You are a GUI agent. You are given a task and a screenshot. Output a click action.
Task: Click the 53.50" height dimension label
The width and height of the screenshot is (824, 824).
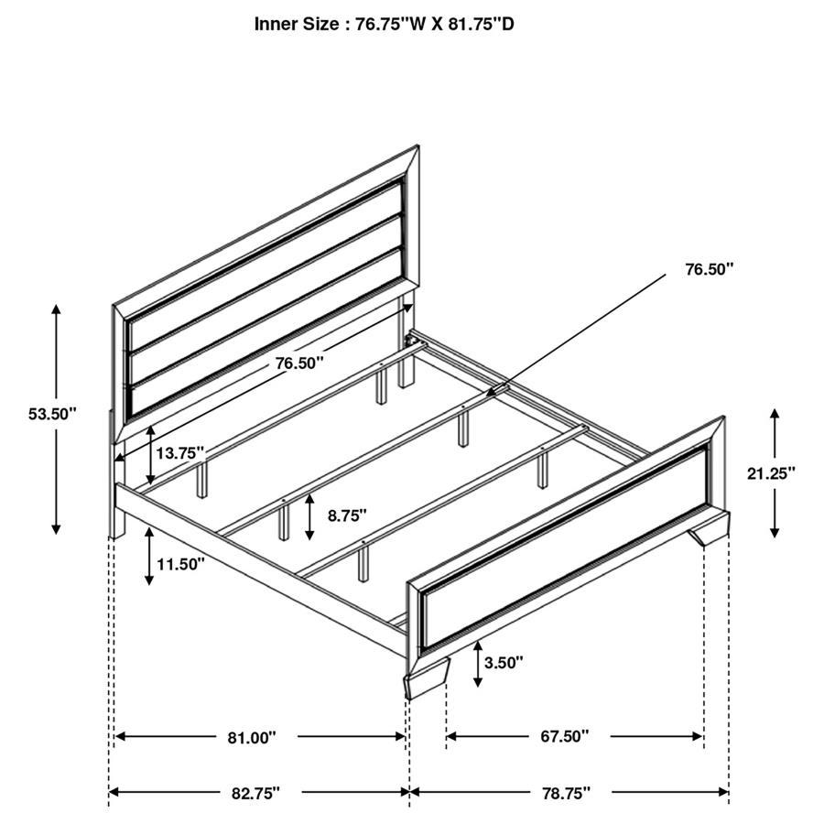(x=52, y=414)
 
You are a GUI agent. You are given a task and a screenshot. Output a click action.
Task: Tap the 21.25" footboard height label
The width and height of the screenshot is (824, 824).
(x=771, y=472)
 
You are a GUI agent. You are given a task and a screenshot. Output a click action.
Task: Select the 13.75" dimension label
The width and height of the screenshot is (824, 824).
(x=179, y=453)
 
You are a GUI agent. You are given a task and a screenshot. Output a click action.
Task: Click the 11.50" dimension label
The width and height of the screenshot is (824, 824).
(x=180, y=564)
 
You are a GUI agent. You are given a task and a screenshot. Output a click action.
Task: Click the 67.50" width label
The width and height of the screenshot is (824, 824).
(x=564, y=736)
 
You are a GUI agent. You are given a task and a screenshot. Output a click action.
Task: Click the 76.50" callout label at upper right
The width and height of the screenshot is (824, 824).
(x=710, y=269)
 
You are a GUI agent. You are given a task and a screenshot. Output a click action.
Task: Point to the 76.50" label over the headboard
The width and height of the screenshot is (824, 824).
(x=299, y=363)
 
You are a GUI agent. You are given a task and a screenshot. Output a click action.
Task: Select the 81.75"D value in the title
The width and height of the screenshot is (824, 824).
(x=476, y=25)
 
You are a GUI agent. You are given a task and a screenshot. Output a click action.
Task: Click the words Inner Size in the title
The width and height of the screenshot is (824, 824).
(x=297, y=25)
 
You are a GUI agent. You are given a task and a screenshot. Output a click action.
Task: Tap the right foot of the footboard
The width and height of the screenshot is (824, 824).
(x=710, y=532)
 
